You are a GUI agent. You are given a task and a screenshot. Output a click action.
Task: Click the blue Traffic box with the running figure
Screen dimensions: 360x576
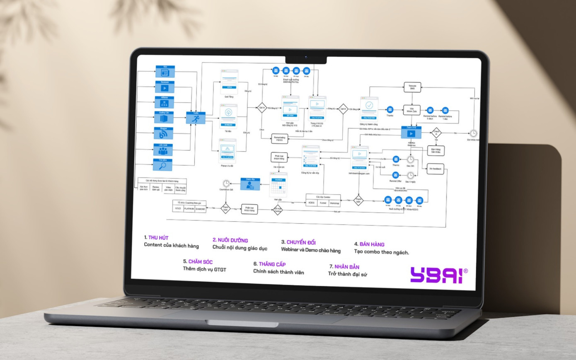(x=196, y=118)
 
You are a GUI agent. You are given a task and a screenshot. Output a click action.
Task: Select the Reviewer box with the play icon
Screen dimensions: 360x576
(x=165, y=87)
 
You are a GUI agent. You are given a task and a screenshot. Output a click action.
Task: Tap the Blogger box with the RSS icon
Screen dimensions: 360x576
(x=163, y=133)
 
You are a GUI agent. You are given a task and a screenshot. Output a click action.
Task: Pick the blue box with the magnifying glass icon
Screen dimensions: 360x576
(x=163, y=165)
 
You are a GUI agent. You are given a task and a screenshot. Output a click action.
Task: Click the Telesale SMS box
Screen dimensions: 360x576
(x=412, y=87)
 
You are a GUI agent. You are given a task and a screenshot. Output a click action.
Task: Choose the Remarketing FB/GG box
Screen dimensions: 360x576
(x=279, y=139)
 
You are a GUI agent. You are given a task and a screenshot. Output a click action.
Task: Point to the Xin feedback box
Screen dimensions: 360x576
(x=435, y=169)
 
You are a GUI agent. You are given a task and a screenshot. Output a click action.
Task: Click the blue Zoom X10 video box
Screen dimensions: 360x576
(x=411, y=133)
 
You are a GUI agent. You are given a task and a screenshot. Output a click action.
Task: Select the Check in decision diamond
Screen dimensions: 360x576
(x=436, y=133)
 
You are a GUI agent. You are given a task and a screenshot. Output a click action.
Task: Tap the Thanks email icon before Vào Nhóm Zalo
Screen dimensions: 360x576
(x=390, y=110)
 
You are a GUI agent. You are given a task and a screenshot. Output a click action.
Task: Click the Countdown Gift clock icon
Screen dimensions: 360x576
(x=226, y=184)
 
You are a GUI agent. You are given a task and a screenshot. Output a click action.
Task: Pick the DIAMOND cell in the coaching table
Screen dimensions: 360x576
(x=200, y=209)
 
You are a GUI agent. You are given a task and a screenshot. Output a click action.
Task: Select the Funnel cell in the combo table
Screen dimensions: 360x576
(x=323, y=203)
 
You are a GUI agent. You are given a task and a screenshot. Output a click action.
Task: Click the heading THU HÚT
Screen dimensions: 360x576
(x=158, y=238)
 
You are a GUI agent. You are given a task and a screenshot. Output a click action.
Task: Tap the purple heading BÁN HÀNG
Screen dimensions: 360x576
(x=372, y=244)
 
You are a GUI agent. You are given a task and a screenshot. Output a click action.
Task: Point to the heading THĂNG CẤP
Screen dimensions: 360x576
(x=272, y=264)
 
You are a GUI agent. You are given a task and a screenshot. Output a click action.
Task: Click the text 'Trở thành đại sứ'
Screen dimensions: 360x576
(x=347, y=274)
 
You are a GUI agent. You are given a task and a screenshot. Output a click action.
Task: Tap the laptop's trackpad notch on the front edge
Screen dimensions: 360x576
(x=242, y=324)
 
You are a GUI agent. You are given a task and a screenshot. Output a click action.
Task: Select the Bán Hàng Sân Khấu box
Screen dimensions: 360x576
(x=436, y=150)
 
